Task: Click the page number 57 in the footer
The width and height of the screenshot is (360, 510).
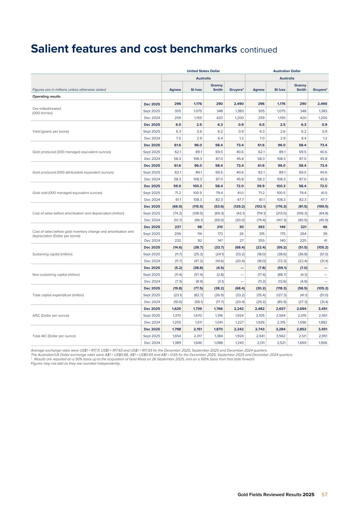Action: coord(325,494)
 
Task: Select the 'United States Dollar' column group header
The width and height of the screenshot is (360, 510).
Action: coord(203,71)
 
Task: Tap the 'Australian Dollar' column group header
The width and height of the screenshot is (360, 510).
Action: coord(287,71)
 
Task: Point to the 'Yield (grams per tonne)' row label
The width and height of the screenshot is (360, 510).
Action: coord(50,132)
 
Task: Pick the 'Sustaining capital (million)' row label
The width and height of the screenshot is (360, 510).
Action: coord(53,254)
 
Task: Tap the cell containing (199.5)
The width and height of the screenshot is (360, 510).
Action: coord(322,206)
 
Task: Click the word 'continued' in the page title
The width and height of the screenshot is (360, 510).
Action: coord(258,50)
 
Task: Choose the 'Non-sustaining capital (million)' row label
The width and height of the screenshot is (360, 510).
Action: coord(56,275)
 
